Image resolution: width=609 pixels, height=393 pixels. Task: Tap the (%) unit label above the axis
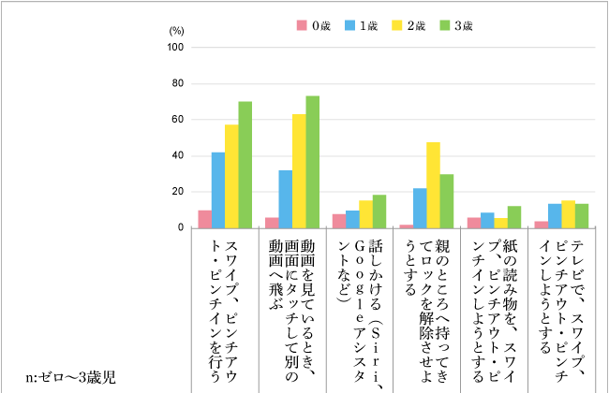click(176, 31)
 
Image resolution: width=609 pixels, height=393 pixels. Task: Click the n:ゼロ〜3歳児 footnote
click(71, 378)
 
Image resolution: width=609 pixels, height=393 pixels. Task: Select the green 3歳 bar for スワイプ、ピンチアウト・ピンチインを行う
click(245, 165)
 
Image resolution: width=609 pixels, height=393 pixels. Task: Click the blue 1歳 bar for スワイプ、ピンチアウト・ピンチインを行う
click(218, 190)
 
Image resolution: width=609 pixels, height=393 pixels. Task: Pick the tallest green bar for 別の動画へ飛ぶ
click(313, 162)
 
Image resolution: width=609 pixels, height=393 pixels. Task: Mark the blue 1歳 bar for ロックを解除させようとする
click(420, 208)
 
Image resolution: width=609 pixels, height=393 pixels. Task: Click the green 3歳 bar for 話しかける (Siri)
click(379, 211)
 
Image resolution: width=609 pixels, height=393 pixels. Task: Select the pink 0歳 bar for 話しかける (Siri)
click(339, 221)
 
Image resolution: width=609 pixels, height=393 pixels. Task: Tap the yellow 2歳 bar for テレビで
click(568, 214)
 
